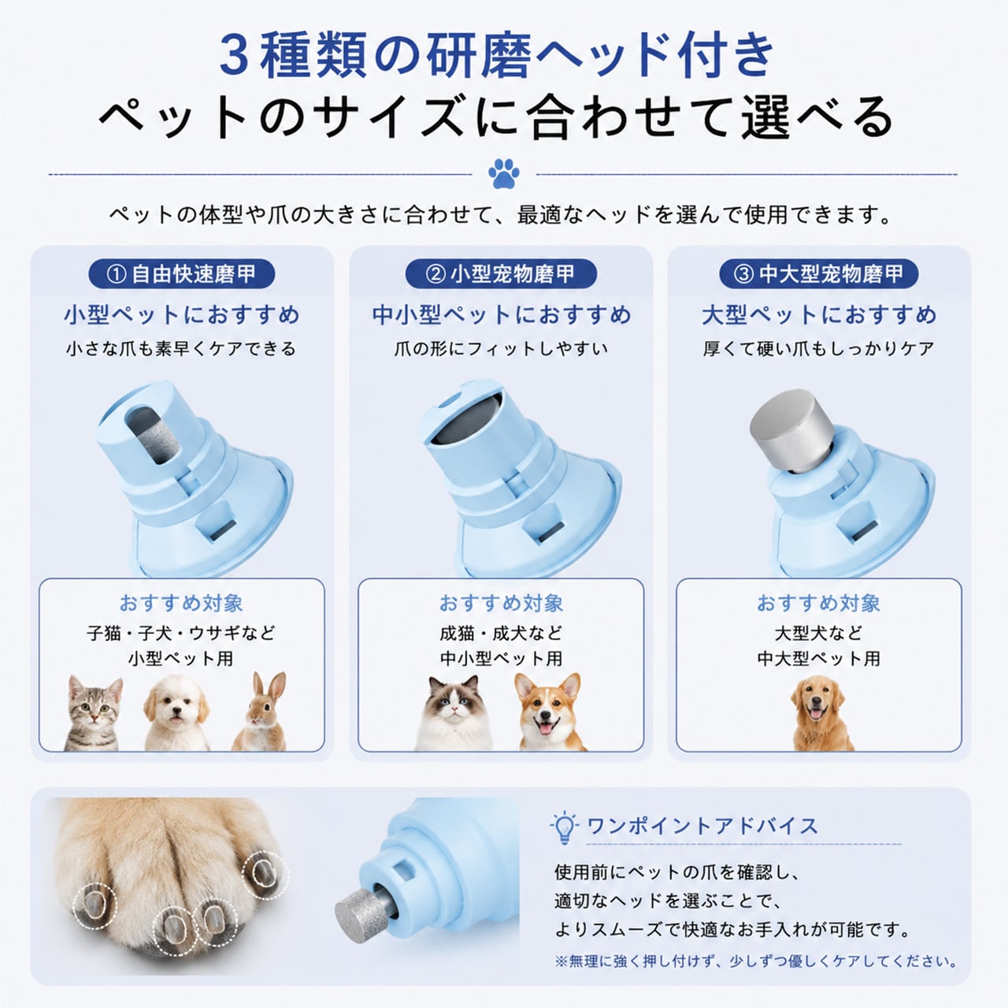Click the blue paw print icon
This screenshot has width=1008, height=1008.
point(504,174)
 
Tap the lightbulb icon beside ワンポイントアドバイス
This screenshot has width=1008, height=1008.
point(564,828)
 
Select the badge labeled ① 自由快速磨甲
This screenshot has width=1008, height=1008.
point(181,273)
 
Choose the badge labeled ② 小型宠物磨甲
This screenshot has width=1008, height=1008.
point(501,273)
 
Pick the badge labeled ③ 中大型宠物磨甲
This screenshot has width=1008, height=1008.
point(819,273)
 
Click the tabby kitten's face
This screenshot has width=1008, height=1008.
point(94,706)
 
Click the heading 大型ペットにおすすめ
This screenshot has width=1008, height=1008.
point(819,316)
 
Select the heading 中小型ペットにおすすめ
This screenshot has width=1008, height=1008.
point(501,316)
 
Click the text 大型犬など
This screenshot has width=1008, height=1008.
point(819,633)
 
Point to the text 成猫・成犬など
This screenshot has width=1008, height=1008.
point(501,633)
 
